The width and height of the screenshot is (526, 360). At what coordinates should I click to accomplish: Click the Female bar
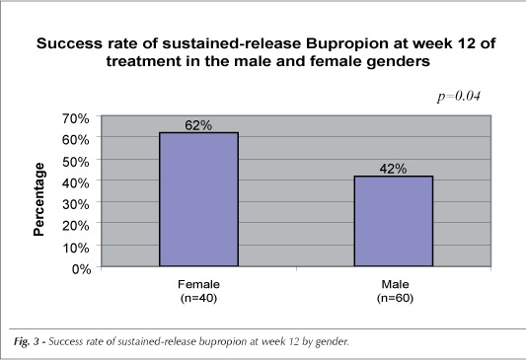coord(198,199)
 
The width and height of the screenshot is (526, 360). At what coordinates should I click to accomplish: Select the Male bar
coord(394,221)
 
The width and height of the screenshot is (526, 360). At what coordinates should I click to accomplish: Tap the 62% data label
coord(198,125)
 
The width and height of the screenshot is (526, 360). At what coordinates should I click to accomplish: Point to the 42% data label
coord(393,169)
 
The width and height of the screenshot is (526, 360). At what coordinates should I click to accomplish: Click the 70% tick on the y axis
coord(75,118)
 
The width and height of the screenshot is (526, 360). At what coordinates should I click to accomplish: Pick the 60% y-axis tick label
coord(75,140)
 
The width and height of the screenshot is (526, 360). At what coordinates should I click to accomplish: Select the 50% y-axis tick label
coord(75,162)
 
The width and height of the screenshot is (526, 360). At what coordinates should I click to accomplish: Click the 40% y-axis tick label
coord(75,183)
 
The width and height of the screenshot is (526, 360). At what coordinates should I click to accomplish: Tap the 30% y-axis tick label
coord(75,204)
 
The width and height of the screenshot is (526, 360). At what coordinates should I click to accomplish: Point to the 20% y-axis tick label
coord(75,226)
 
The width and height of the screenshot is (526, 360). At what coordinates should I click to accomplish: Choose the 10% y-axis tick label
coord(75,248)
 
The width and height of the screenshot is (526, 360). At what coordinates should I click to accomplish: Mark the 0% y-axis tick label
coord(81,269)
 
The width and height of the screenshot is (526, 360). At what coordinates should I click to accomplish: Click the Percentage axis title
coord(38,199)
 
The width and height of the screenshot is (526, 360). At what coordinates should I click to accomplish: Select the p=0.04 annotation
coord(459,97)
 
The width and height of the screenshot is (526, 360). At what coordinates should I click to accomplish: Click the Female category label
coord(198,284)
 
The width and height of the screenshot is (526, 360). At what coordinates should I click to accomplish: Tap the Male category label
coord(395,284)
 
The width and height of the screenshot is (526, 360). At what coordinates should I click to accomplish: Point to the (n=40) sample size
coord(198,298)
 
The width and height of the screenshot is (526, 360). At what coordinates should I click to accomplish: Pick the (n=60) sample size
coord(395,298)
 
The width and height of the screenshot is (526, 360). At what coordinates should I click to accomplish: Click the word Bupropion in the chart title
coord(347,44)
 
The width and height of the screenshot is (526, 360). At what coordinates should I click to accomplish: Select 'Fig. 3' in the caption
coord(27,342)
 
